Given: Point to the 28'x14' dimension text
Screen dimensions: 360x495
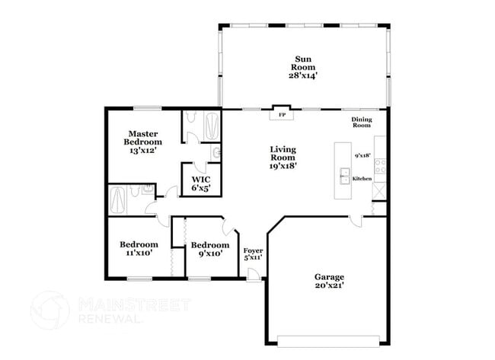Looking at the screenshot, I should click(303, 76).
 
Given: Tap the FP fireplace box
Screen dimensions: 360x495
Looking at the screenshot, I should click(281, 116).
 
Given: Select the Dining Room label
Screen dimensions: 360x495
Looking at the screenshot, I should click(361, 122).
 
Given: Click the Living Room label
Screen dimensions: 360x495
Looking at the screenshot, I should click(283, 153).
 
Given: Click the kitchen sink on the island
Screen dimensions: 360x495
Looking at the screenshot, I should click(344, 173).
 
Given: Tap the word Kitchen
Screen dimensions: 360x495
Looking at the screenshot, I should click(362, 178).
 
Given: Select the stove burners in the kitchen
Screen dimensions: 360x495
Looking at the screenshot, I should click(379, 164).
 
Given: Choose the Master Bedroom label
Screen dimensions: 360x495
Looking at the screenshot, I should click(142, 138).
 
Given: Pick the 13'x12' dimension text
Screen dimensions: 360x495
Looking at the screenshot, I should click(142, 151).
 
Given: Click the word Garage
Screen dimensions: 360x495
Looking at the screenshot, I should click(329, 277).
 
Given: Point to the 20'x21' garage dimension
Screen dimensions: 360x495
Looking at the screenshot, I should click(329, 286).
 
